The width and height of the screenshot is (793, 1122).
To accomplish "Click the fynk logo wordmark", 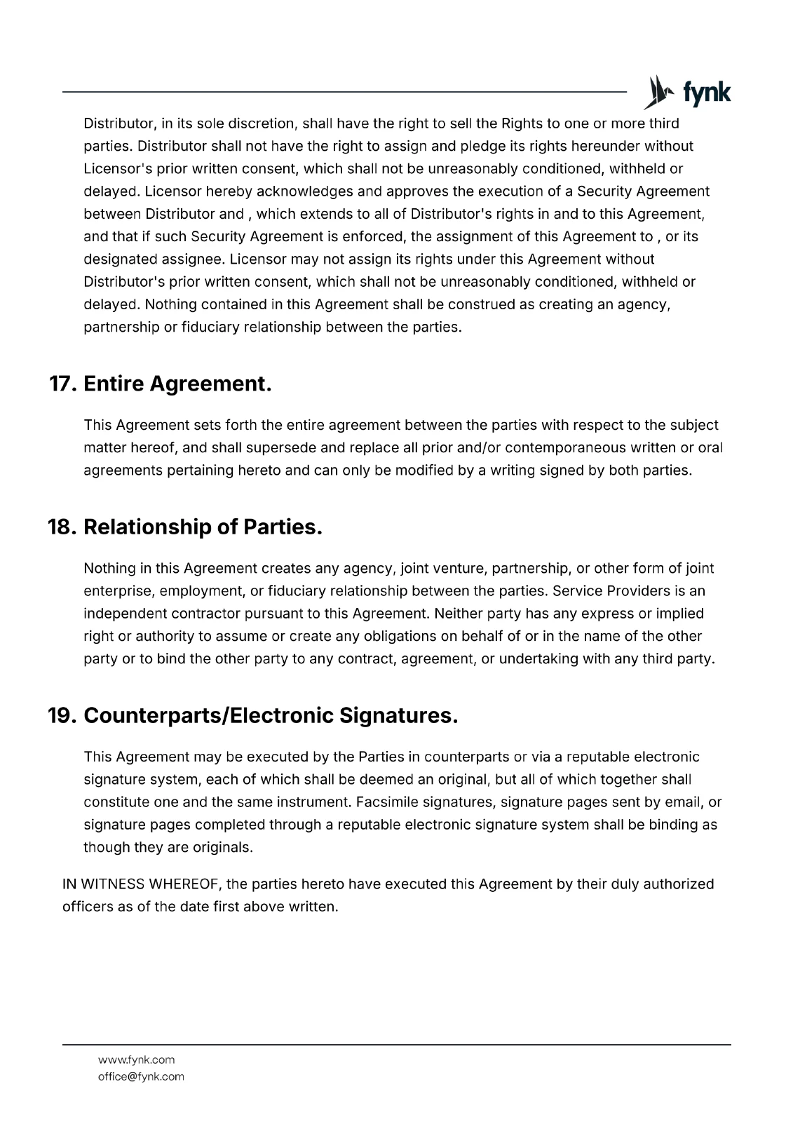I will click(706, 93).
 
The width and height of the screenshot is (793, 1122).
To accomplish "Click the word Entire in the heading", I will click(114, 384).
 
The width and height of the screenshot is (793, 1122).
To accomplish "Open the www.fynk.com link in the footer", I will click(136, 1060).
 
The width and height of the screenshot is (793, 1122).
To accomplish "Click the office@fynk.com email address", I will click(141, 1076).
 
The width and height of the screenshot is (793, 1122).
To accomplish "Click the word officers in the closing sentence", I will click(88, 907).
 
